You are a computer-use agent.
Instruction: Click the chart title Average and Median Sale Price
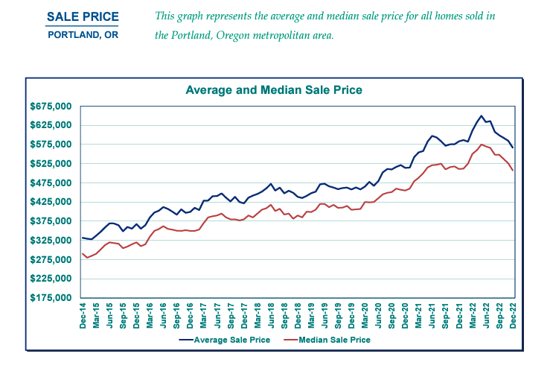(x=273, y=89)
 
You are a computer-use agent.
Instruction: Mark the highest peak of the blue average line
(x=482, y=116)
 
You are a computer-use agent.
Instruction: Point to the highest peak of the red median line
(x=482, y=145)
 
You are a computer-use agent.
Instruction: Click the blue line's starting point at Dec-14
(x=83, y=238)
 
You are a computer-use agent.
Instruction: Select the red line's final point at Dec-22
(x=513, y=171)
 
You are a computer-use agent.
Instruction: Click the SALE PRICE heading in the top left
(x=82, y=16)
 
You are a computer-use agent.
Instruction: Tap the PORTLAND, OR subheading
(x=82, y=35)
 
